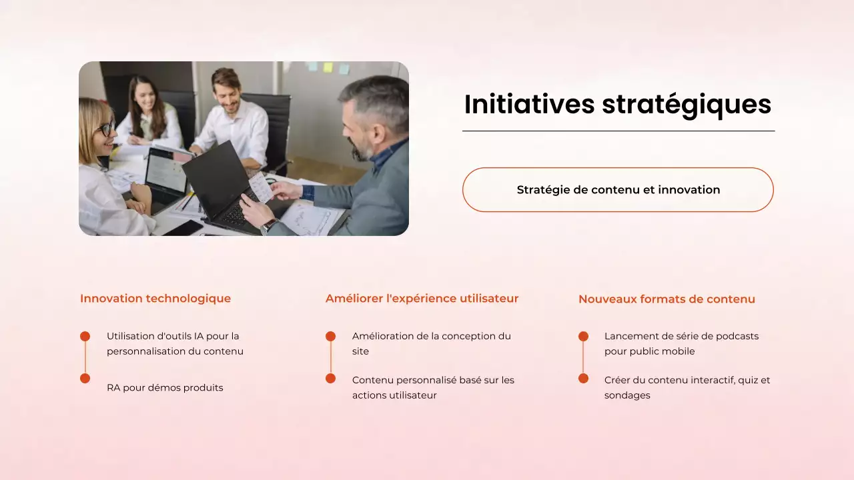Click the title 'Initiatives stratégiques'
point(617,105)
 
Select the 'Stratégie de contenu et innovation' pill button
point(618,190)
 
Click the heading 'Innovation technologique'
point(155,299)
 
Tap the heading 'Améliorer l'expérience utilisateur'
point(422,299)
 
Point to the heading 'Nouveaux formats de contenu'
point(667,299)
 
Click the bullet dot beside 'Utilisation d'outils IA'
point(85,337)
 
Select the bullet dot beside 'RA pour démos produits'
point(85,378)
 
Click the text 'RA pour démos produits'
point(165,387)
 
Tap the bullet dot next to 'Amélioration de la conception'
point(330,337)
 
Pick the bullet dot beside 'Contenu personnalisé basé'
point(330,378)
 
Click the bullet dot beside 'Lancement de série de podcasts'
point(583,337)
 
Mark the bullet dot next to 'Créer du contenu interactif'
point(583,378)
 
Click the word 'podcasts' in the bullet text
point(737,336)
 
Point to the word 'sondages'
point(627,395)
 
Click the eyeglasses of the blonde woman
point(106,129)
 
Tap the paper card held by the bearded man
point(261,187)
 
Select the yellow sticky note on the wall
point(328,67)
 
